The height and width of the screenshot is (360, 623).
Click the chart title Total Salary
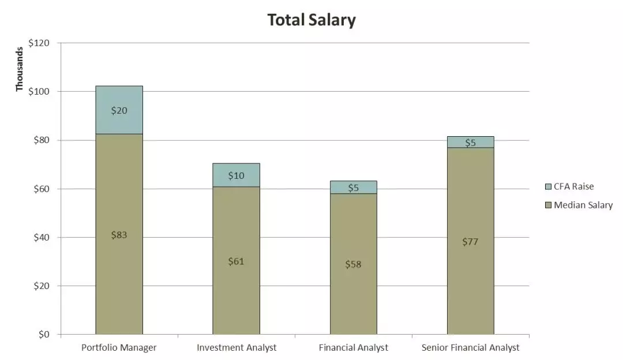311,20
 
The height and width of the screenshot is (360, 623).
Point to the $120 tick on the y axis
39,43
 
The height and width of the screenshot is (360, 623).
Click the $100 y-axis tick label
39,92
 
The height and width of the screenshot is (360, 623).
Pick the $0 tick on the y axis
44,335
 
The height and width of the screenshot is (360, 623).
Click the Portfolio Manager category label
119,347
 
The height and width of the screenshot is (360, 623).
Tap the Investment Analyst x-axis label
237,347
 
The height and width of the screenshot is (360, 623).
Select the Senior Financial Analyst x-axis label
470,347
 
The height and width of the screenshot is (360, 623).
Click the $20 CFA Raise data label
119,110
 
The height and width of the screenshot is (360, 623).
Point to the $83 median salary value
119,235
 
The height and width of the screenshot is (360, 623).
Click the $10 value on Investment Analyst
237,175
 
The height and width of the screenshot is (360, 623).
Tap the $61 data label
237,261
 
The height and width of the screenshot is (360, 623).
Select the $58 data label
354,264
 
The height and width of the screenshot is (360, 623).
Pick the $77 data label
471,242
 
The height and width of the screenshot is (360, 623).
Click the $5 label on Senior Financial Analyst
471,142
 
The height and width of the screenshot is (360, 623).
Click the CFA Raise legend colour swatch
548,187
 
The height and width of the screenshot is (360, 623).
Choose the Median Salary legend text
583,205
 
